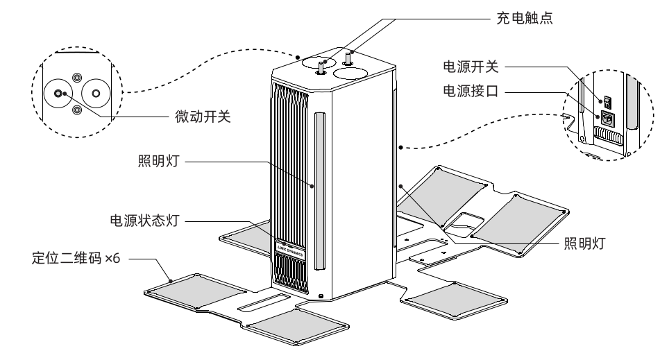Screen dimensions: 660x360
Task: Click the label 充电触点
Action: tap(525, 18)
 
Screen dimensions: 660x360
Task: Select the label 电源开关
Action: tap(471, 67)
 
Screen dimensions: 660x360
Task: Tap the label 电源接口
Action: tap(471, 90)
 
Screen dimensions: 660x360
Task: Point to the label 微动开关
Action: tap(203, 117)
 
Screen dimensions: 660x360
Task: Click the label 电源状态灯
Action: tap(145, 221)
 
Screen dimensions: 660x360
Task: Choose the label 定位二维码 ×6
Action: tap(76, 258)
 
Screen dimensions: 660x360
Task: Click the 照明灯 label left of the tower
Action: tap(159, 161)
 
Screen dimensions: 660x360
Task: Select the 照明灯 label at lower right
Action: tap(584, 243)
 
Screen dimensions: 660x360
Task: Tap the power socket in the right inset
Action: tap(606, 118)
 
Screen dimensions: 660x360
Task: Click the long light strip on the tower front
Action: tap(320, 191)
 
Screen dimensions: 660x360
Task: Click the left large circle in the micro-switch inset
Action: tap(58, 93)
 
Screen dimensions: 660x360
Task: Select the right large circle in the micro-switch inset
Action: tap(96, 93)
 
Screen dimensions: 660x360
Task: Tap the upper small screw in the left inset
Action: tap(76, 78)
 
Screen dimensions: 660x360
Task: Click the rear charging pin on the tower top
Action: tap(348, 58)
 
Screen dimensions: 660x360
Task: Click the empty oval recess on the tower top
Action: tap(350, 74)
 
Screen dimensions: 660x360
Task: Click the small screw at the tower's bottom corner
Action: tap(321, 296)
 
